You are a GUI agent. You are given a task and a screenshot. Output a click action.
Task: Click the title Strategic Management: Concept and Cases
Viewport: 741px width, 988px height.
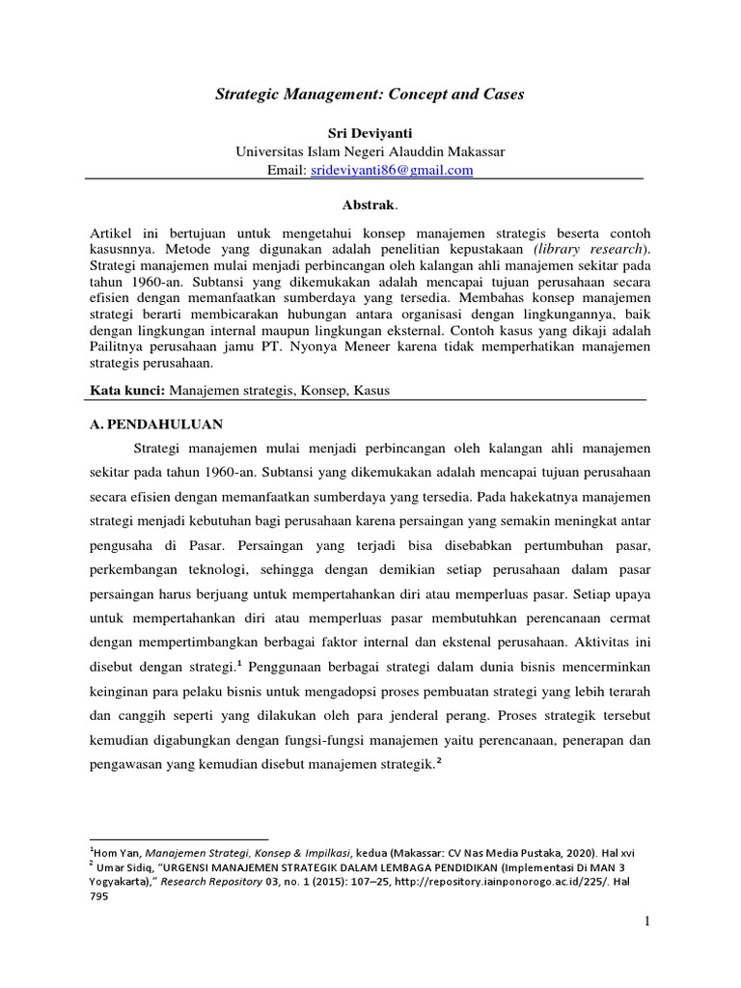[x=370, y=95]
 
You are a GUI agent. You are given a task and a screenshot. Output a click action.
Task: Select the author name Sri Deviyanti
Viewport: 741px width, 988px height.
[x=370, y=132]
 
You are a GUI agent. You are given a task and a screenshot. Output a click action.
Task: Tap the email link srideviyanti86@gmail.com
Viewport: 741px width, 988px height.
[x=391, y=170]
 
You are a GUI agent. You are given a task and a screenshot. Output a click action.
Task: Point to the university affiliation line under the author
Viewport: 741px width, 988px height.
[x=370, y=151]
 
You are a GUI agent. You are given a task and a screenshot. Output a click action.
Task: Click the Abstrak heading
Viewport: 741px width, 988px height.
[x=369, y=206]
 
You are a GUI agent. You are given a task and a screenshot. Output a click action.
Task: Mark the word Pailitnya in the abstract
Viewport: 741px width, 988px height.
[x=121, y=346]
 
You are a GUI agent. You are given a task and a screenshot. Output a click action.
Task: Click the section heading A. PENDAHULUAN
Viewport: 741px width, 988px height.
[x=157, y=423]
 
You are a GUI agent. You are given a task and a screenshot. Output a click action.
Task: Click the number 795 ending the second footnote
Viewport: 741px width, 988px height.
[x=99, y=894]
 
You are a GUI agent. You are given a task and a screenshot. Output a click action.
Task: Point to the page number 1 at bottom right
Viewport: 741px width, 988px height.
[x=648, y=923]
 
